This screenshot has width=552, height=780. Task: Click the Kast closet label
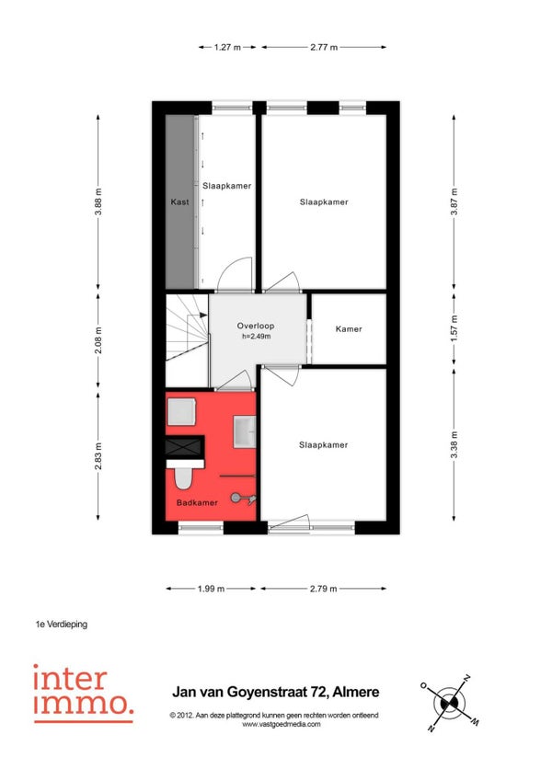(179, 202)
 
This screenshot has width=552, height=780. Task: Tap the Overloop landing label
(256, 326)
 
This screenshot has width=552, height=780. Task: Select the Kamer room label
(349, 328)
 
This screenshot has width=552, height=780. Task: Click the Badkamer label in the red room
(197, 502)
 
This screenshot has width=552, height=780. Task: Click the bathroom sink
(245, 431)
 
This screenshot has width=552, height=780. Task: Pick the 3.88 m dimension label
(98, 201)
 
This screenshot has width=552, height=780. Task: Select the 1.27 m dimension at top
(227, 47)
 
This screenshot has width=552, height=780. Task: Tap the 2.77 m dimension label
(324, 47)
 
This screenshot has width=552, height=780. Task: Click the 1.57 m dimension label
(454, 328)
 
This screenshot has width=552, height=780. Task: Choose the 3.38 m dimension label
(454, 445)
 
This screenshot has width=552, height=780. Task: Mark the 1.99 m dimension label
(211, 589)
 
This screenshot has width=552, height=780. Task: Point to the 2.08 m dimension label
(98, 340)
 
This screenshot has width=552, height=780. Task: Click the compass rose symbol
(449, 703)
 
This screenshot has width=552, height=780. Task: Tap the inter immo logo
(83, 693)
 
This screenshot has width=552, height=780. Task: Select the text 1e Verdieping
(62, 624)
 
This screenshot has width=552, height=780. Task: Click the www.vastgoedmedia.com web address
(282, 724)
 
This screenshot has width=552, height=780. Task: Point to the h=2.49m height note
(257, 337)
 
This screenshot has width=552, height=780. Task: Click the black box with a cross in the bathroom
(185, 446)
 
